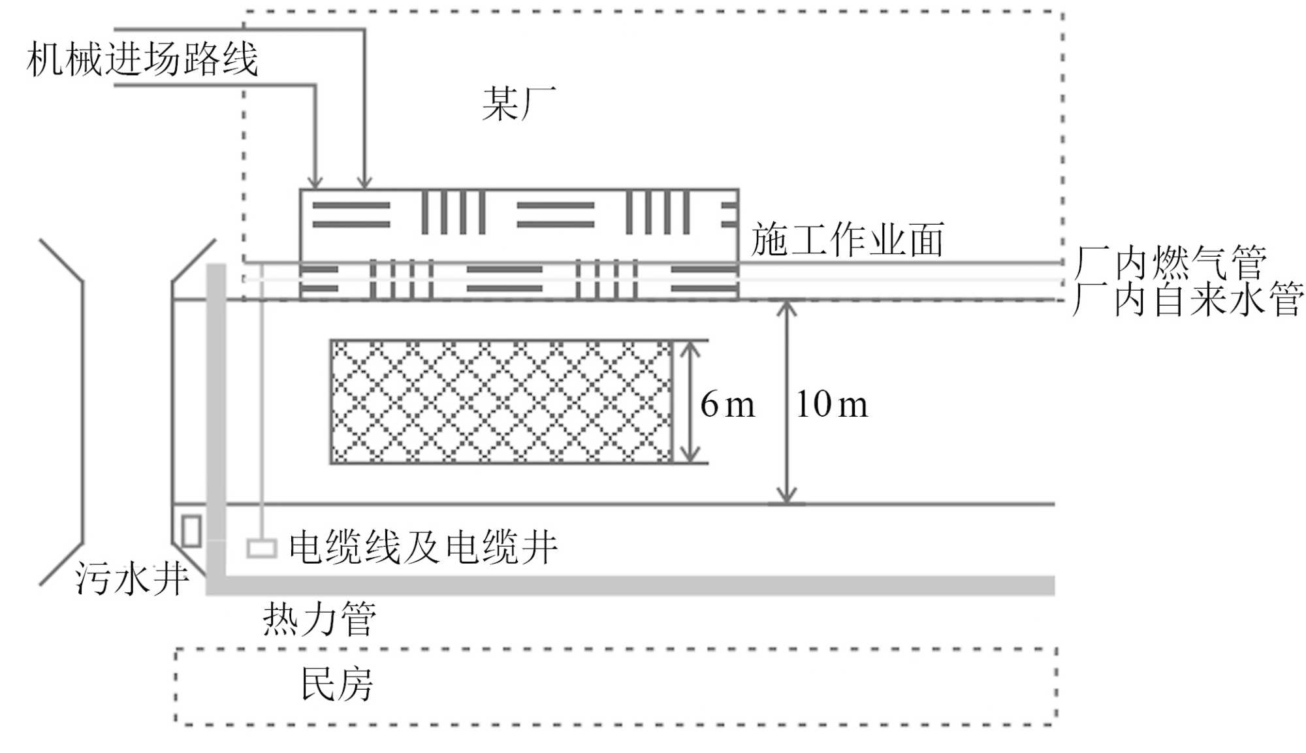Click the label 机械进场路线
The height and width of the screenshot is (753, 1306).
coord(142,60)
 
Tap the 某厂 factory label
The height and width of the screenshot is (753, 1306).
coord(518,104)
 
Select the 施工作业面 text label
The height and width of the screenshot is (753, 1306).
coord(847,240)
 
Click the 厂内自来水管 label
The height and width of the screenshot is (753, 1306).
coord(1188,299)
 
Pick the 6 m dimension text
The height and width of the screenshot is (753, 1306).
coord(727,404)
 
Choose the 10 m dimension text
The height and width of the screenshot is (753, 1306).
coord(831,404)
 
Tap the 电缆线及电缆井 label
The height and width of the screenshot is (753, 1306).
coord(423,547)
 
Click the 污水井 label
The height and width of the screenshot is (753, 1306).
coord(131,579)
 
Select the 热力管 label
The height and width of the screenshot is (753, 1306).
coord(319,618)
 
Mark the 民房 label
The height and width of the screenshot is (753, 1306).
coord(336,684)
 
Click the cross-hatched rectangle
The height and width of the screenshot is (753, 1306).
coord(501,402)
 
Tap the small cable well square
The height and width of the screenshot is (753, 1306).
coord(262,548)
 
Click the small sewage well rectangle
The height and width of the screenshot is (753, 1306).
coord(191,530)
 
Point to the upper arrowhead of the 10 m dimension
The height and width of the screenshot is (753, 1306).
coord(787,308)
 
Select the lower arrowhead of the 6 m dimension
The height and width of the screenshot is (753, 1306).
coord(690,456)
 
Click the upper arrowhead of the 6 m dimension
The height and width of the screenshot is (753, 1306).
coord(690,349)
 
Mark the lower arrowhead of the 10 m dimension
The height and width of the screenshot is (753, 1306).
coord(787,496)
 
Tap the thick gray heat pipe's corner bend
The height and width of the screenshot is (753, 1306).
coord(216,585)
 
